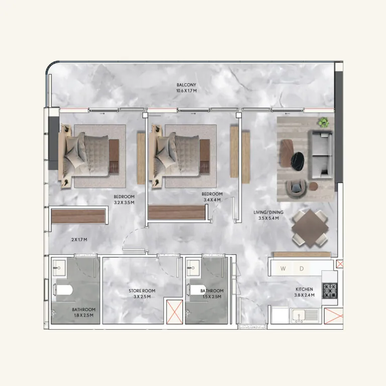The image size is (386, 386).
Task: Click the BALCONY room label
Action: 186,84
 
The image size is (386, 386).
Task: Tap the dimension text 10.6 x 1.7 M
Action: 186,91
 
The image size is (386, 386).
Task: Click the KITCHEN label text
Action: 305,289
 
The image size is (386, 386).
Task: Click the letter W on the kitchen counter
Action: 283,269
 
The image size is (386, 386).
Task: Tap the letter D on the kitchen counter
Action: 302,269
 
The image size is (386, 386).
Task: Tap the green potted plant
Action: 323,122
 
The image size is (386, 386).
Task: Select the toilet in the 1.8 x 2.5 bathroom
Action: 64,291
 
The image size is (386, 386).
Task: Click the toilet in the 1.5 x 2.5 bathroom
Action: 196,291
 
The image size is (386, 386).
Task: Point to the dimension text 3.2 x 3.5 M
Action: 123,203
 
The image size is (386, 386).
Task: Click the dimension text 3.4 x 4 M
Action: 212,200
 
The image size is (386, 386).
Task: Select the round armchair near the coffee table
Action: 296,187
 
